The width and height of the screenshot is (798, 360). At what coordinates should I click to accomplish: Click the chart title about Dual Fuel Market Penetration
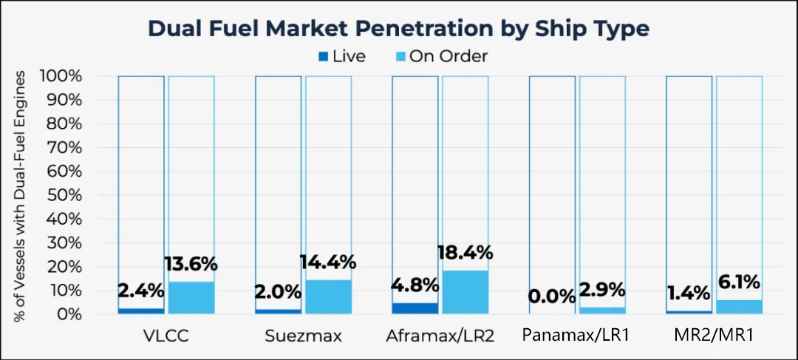click(x=398, y=29)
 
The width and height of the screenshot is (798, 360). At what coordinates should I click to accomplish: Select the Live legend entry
click(x=343, y=56)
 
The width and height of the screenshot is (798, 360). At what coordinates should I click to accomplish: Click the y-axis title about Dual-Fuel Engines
click(x=20, y=195)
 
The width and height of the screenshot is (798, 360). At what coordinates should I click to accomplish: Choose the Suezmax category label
click(x=304, y=336)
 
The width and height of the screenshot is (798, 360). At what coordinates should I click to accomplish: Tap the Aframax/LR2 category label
click(x=440, y=336)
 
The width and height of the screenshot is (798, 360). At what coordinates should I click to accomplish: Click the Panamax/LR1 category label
click(x=576, y=336)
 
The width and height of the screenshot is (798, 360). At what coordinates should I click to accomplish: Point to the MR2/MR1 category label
click(x=715, y=336)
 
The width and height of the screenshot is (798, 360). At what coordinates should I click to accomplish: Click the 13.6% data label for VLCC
click(x=191, y=265)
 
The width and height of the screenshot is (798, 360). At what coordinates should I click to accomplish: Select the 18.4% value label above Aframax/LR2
click(x=465, y=252)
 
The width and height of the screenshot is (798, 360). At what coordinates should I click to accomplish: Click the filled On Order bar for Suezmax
click(x=328, y=297)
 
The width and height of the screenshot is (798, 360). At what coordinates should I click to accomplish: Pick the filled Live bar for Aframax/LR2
click(x=415, y=308)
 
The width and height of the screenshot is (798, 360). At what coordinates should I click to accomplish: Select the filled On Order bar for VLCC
click(x=191, y=298)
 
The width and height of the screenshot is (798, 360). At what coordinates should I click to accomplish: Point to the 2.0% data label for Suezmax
click(x=278, y=292)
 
